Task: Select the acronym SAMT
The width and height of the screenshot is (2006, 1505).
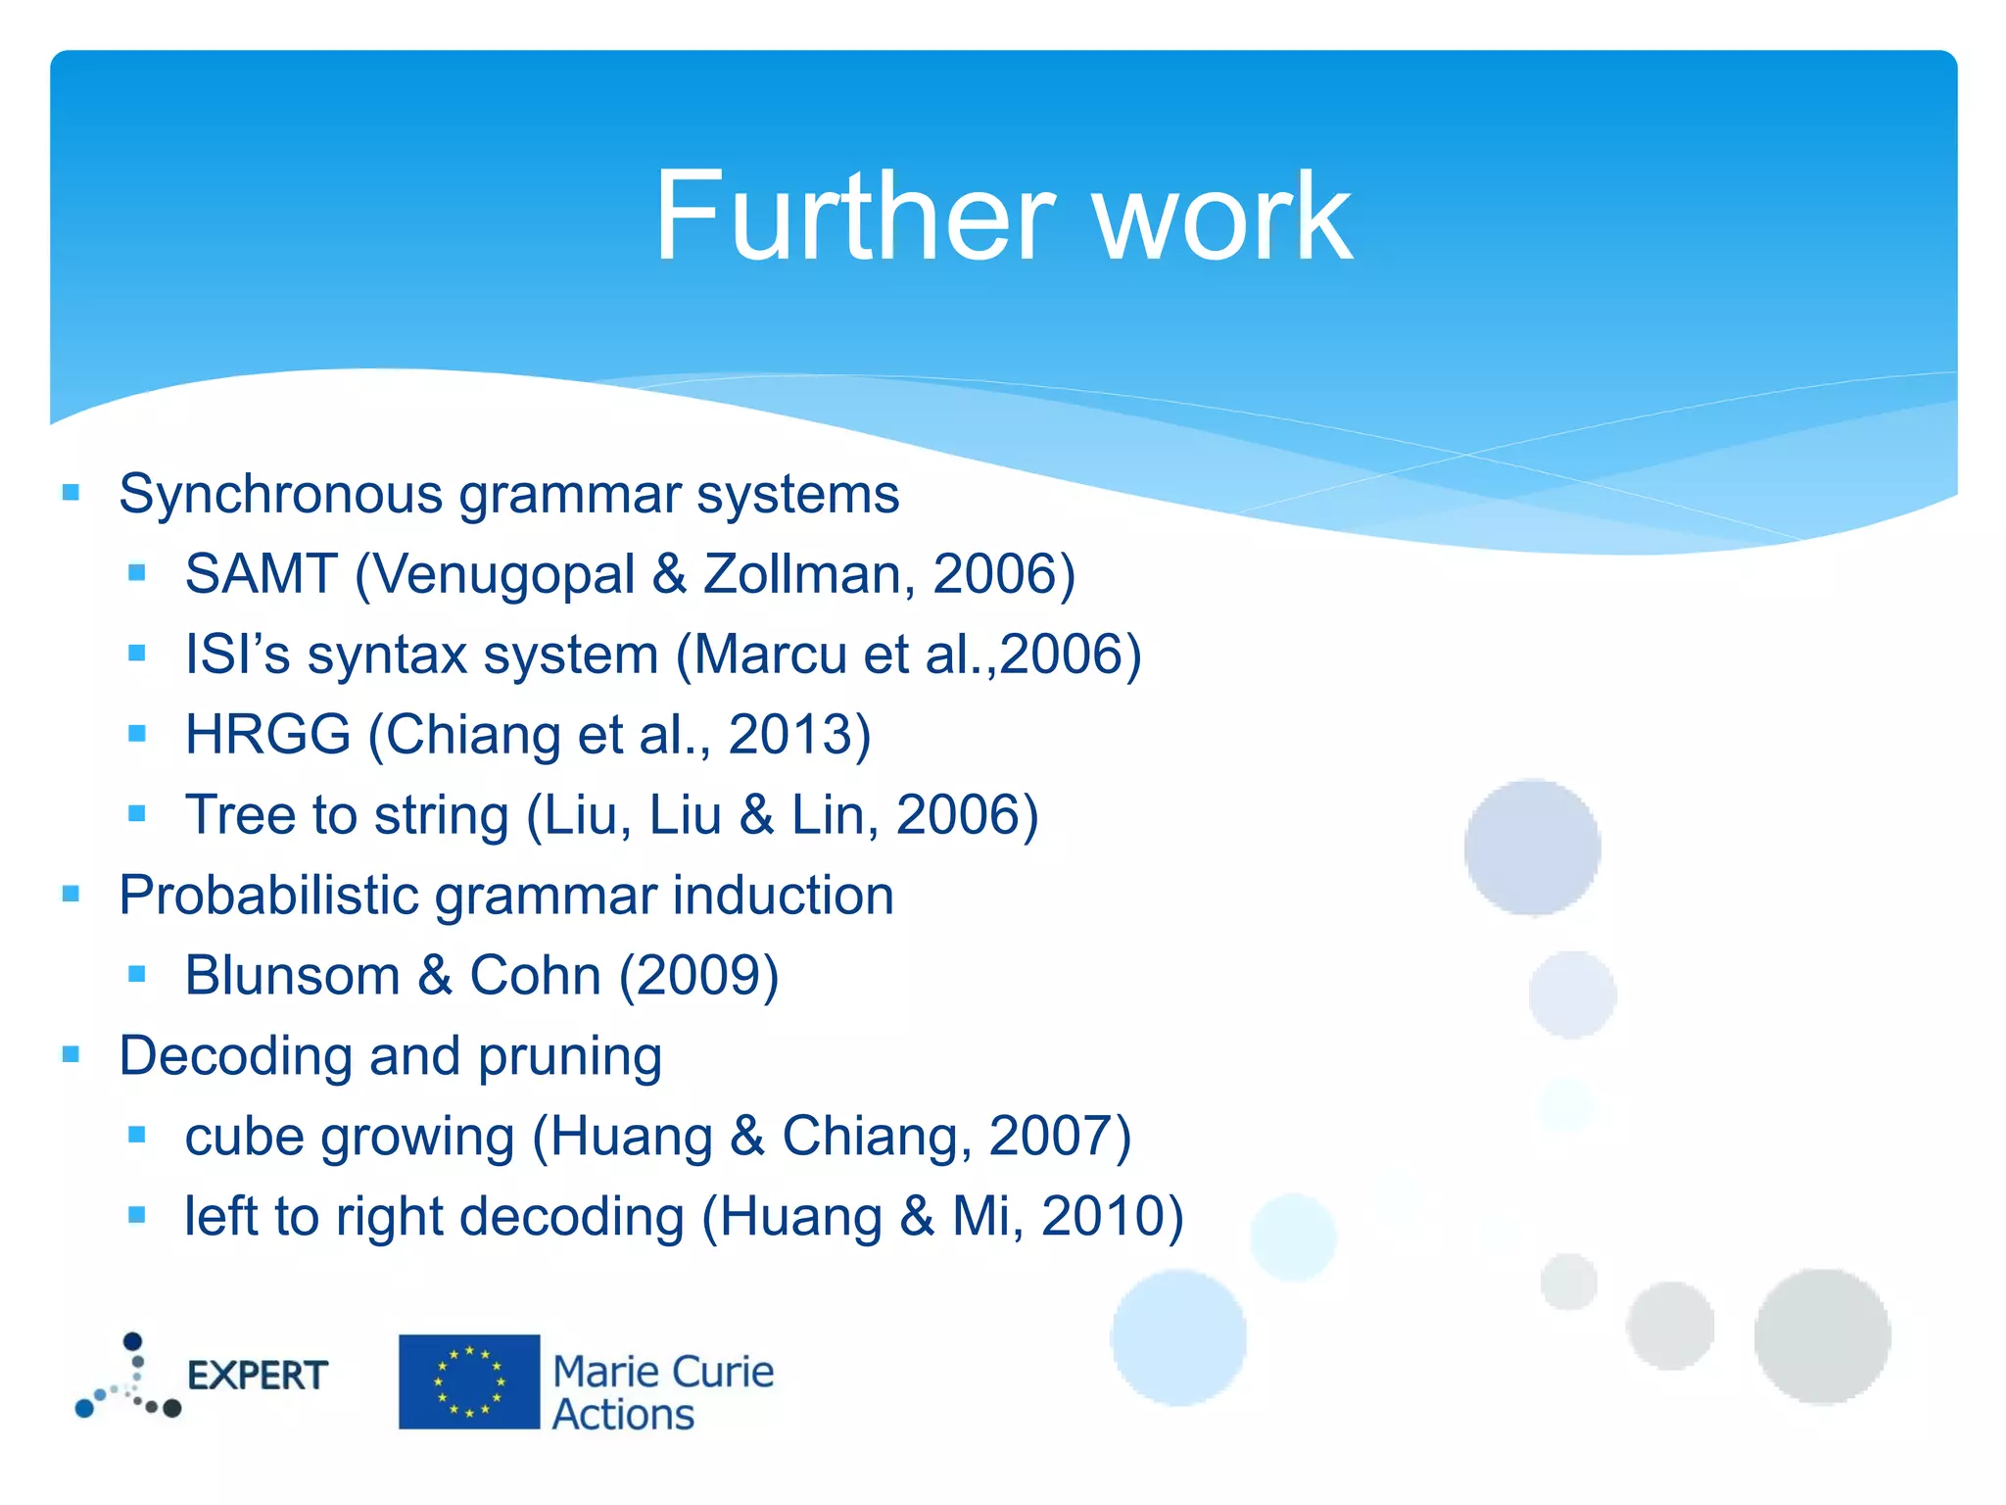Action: (x=261, y=574)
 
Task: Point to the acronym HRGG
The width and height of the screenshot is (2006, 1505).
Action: (x=267, y=735)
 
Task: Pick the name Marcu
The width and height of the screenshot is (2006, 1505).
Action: (x=770, y=655)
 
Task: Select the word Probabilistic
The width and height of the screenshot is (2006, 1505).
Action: (x=268, y=896)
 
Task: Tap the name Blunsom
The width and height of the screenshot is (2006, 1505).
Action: (x=292, y=976)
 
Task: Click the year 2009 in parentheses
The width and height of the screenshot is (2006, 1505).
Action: (x=699, y=976)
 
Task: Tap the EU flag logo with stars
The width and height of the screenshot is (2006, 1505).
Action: (x=469, y=1382)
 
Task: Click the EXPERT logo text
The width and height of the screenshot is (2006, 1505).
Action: (x=257, y=1376)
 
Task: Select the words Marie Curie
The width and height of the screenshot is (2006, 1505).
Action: (x=663, y=1372)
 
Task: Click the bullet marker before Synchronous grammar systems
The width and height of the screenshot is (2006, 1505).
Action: (x=71, y=492)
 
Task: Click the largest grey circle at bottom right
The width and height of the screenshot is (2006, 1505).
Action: (x=1822, y=1336)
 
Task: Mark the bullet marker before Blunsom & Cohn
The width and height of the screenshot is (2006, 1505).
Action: (x=137, y=974)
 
